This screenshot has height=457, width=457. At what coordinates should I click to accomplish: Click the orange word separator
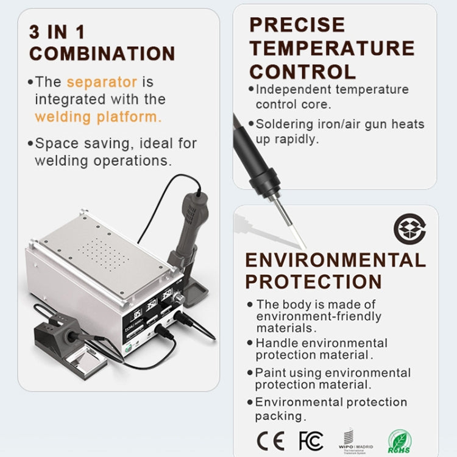point(102,82)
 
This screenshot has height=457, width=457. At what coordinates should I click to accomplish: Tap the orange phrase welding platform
point(98,117)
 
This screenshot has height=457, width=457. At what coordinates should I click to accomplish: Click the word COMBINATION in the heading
point(102,53)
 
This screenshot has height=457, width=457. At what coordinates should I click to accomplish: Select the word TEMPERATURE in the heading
point(332,48)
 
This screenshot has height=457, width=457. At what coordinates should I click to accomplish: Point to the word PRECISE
point(297,25)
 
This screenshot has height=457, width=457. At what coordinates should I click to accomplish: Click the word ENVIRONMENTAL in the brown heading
point(335,260)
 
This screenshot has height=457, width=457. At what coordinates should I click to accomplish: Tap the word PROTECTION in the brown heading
point(313,282)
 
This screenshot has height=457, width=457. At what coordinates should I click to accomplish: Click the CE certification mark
point(271,440)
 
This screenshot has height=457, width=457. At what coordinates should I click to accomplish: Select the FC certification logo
point(311,440)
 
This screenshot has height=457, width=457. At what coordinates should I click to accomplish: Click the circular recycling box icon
point(409,228)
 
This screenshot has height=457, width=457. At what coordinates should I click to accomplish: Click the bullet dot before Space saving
point(30,144)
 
